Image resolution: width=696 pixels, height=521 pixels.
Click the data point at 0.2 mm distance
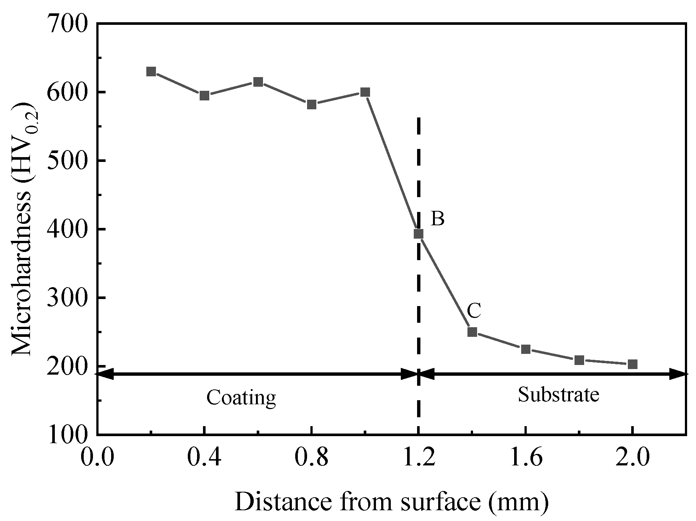click(x=151, y=72)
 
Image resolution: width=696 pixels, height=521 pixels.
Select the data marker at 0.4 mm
click(x=204, y=96)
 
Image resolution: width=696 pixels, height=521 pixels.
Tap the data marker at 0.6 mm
click(x=258, y=82)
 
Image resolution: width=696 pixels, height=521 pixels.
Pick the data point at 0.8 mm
click(x=312, y=104)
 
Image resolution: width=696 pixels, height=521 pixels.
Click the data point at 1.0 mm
click(x=365, y=92)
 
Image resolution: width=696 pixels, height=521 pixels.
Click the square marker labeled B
click(x=419, y=234)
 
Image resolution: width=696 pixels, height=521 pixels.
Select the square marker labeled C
click(x=472, y=332)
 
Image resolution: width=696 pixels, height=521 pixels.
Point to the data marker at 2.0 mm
click(x=633, y=364)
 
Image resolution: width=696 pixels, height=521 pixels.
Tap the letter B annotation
click(x=437, y=219)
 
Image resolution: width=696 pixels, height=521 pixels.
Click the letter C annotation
click(x=474, y=311)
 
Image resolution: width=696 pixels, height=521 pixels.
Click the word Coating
click(x=241, y=398)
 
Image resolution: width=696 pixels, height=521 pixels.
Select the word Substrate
click(x=558, y=394)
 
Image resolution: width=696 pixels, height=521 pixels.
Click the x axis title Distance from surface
click(x=391, y=502)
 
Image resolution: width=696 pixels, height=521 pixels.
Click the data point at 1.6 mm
click(x=526, y=349)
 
